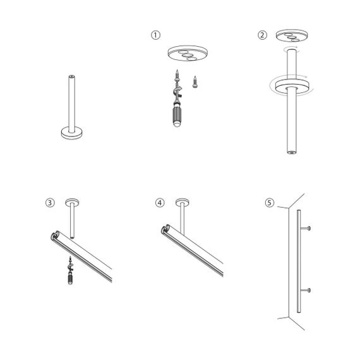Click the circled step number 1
click(155, 35)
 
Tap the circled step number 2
click(262, 35)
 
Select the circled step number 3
click(50, 203)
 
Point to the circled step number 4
click(160, 203)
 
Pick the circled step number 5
click(270, 203)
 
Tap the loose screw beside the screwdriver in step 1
click(196, 81)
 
